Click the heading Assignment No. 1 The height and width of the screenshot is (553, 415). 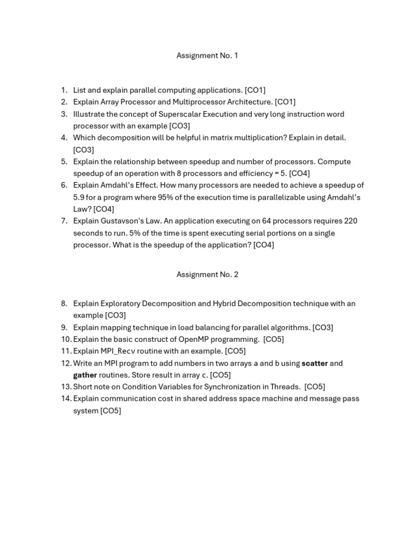207,56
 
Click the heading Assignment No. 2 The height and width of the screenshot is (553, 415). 207,274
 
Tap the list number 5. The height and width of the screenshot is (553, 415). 64,161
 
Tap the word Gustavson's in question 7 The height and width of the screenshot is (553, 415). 121,221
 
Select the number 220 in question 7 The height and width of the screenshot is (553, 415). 350,221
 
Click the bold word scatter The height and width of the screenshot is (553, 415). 314,363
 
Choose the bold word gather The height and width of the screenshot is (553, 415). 85,375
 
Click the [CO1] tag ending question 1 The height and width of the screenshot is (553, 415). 255,90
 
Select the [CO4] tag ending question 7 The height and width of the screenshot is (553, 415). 264,245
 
